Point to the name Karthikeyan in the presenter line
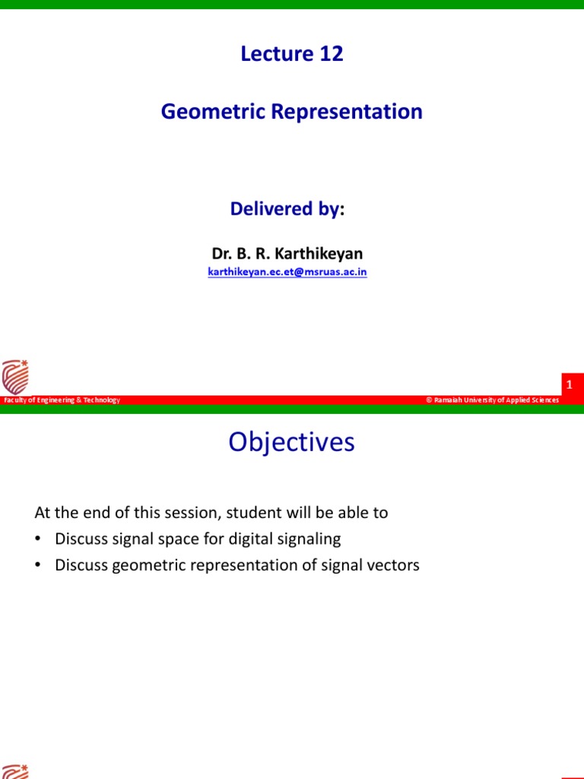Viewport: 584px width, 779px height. pos(321,254)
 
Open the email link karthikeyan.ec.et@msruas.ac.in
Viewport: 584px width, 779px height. pos(287,272)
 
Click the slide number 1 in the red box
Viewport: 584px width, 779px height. pos(569,385)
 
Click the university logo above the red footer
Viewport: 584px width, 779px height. pos(14,377)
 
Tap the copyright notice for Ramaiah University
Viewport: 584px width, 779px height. pos(493,400)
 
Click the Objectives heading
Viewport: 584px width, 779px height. pos(291,443)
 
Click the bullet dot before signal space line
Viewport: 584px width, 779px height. pos(37,539)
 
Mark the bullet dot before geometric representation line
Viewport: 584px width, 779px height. pos(37,566)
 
